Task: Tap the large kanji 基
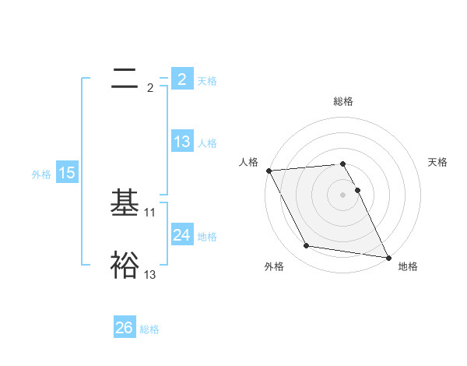coord(125,204)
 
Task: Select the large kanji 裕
coord(125,265)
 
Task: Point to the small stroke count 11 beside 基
coord(150,212)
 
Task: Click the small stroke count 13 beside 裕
coord(150,274)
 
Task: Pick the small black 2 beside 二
coord(150,88)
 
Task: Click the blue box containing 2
coord(181,79)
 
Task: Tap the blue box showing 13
coord(182,142)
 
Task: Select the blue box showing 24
coord(182,235)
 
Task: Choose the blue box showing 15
coord(67,173)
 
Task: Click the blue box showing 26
coord(125,328)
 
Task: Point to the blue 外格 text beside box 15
coord(41,174)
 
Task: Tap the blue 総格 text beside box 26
coord(149,329)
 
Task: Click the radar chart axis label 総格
coord(343,101)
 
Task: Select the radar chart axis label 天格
coord(437,162)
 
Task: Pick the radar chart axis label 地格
coord(408,266)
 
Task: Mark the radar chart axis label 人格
coord(248,162)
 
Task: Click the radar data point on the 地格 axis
coord(388,257)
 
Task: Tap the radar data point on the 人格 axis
coord(269,171)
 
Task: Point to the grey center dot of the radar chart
coord(342,194)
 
